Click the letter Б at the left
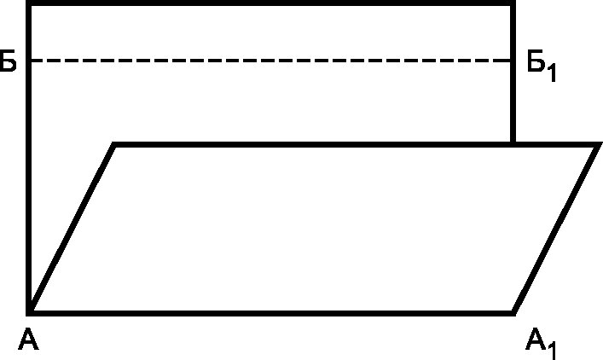click(8, 64)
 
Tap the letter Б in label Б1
click(536, 64)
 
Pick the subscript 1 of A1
click(554, 349)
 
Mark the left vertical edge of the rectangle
click(29, 188)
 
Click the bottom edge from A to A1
click(271, 310)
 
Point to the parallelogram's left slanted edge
click(72, 227)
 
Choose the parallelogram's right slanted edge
click(555, 228)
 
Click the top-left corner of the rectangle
click(29, 4)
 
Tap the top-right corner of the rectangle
click(513, 4)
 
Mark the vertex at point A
click(30, 310)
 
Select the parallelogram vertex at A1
click(513, 310)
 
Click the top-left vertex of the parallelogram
click(114, 145)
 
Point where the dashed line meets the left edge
click(29, 61)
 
